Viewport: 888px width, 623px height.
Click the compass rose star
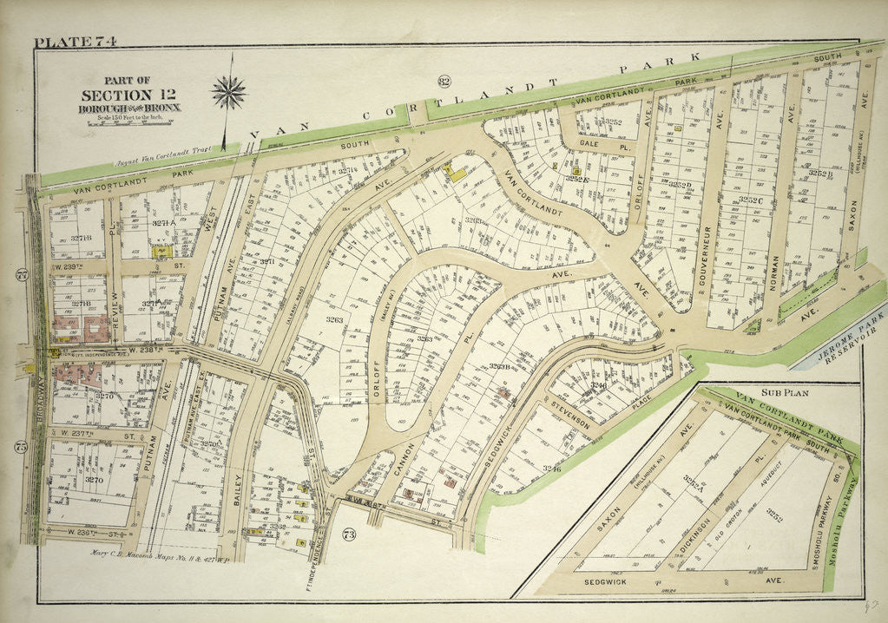tap(229, 93)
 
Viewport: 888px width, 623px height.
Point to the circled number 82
tap(445, 82)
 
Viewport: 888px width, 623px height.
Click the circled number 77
tap(21, 276)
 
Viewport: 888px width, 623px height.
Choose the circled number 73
tap(349, 534)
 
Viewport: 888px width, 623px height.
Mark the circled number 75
tap(21, 448)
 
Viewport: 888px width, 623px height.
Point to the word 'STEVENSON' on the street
tap(570, 413)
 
